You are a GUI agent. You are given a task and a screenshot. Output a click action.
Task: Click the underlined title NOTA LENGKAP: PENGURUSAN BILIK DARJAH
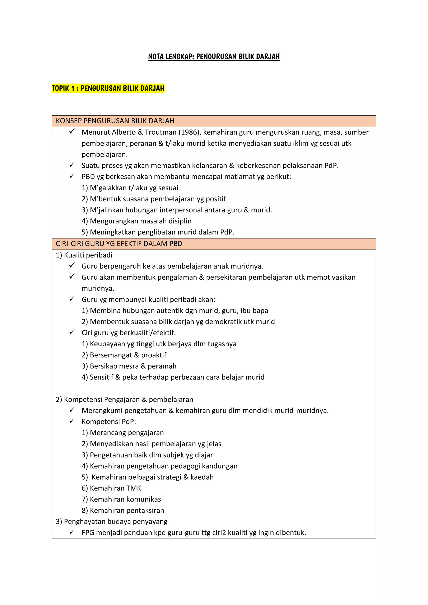point(214,56)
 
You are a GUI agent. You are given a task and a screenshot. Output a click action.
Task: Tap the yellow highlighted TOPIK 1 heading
point(108,88)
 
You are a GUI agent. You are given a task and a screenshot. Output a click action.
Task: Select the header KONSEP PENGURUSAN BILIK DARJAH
point(115,121)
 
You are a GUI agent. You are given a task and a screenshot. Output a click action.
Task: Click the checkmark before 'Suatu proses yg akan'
point(72,165)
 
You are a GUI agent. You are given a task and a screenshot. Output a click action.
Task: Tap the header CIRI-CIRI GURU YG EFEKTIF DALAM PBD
point(119,243)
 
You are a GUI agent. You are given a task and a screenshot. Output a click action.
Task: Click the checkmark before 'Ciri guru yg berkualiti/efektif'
point(72,332)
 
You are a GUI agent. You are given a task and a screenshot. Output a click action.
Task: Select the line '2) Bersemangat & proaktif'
point(124,355)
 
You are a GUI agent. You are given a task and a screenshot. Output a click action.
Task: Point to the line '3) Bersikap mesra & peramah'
point(129,366)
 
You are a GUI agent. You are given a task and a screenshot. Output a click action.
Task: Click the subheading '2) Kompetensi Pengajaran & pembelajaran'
point(124,400)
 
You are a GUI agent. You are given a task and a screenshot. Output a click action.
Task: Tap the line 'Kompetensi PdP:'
point(109,422)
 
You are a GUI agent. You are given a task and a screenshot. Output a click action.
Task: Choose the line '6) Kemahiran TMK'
point(111,488)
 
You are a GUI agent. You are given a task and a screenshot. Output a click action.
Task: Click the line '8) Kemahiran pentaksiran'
point(123,510)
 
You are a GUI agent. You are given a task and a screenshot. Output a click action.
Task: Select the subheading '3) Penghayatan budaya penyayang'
point(111,521)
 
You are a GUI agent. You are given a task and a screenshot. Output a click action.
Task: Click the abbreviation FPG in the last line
point(88,532)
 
